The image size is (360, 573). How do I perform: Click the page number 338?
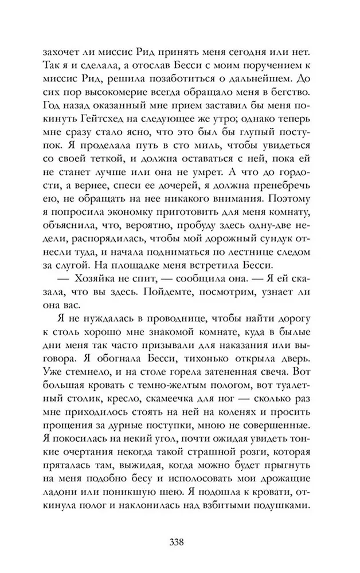click(x=179, y=541)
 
